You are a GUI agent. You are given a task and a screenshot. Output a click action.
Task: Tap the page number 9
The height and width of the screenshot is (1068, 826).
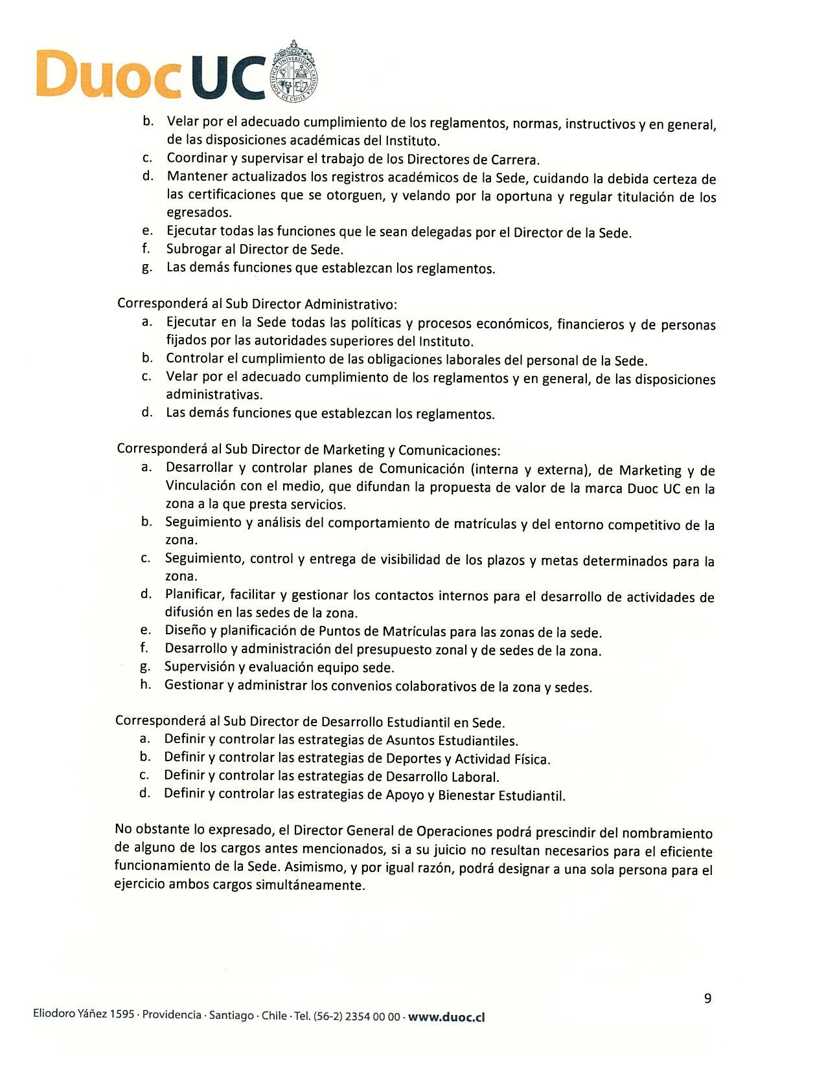coord(707,998)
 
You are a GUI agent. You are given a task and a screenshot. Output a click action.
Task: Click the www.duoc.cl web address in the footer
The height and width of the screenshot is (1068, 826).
coord(446,1016)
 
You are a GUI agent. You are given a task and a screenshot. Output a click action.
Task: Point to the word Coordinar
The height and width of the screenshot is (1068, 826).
coord(196,159)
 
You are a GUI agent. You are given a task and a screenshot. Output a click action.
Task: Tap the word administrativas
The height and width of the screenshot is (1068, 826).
coord(214,394)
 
